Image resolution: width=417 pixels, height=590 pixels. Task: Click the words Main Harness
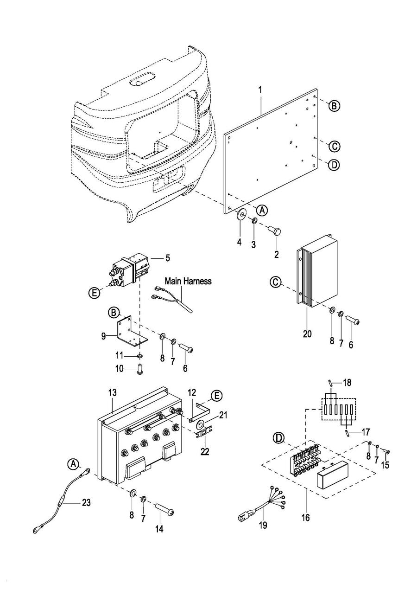[x=189, y=281]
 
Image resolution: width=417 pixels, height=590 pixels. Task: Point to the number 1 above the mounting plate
[x=260, y=88]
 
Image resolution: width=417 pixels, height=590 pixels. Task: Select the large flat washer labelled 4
[x=240, y=215]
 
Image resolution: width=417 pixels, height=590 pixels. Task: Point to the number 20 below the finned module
[x=307, y=333]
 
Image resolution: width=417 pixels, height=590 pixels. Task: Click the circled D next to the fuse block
[x=278, y=438]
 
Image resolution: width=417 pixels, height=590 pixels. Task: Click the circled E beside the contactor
[x=94, y=293]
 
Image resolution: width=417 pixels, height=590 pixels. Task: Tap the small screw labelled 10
[x=139, y=370]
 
